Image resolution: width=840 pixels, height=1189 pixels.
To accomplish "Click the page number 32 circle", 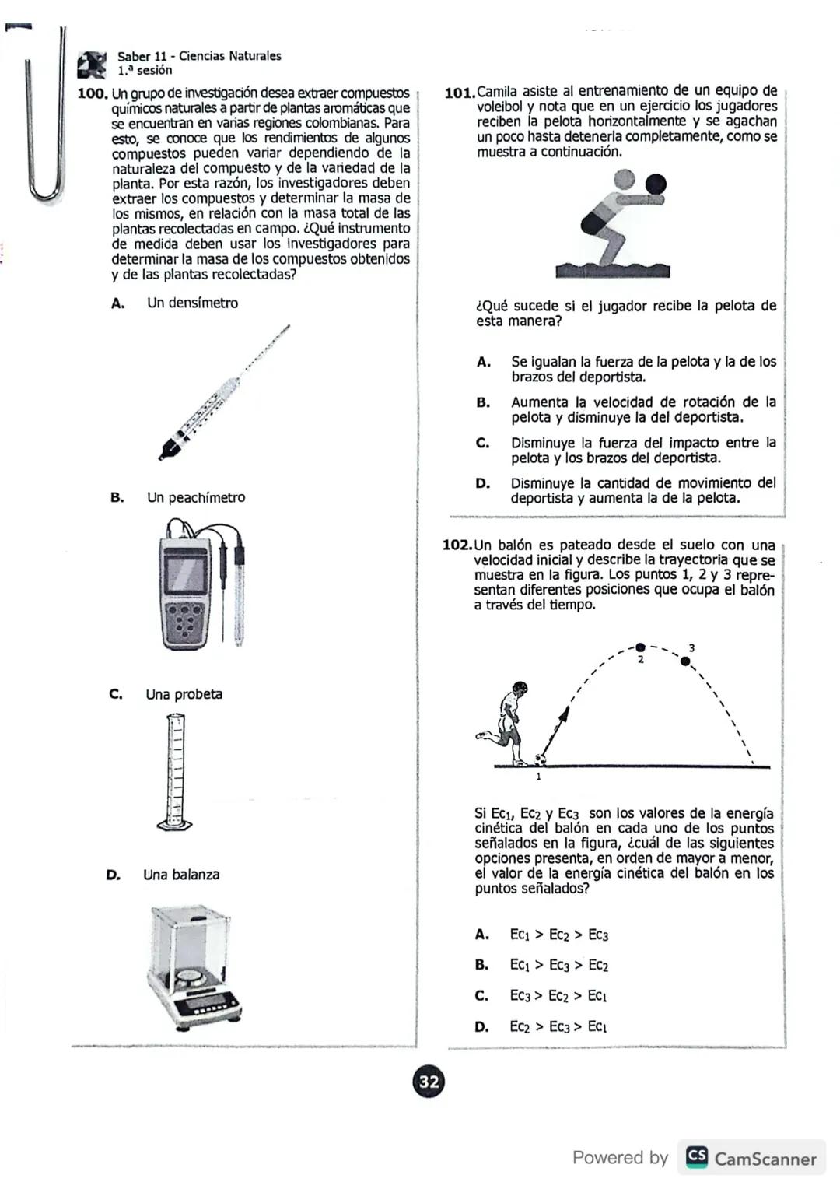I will coord(429,1082).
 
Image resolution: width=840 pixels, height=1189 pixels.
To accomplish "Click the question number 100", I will coord(93,93).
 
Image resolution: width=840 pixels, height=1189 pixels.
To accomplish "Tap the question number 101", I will coord(459,93).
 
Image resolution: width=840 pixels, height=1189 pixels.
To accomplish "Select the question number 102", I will coord(457,545).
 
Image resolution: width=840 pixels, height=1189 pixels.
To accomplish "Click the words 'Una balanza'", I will coord(181,875).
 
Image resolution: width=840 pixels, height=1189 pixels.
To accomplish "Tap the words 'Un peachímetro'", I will coord(196,497).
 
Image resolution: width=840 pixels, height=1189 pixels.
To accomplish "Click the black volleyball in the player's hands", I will coord(656,184).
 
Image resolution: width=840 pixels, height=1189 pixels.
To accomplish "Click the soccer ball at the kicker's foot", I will coord(540,759).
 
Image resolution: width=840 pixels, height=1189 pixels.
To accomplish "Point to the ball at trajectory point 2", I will coord(640,647).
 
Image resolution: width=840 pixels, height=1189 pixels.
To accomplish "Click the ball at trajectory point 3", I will coord(685,661).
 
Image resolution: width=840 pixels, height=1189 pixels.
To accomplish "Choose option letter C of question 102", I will coord(481,995).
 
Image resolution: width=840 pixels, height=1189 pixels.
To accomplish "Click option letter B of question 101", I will coord(483,402).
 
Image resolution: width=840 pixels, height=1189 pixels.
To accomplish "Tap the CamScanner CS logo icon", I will coord(697,1157).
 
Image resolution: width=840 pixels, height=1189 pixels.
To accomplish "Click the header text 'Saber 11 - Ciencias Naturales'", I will coord(199,56).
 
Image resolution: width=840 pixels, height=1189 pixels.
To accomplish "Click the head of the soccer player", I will coord(518,689).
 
